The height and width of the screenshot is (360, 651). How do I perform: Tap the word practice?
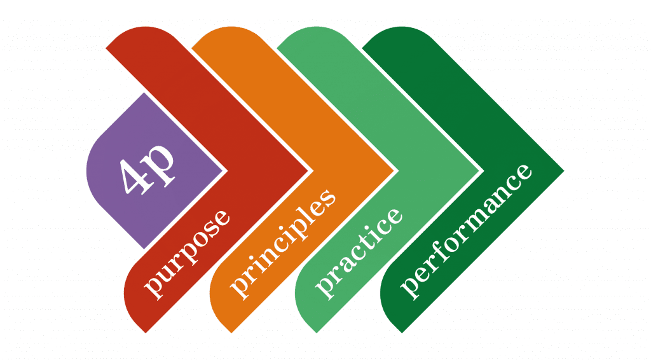pyautogui.click(x=359, y=253)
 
